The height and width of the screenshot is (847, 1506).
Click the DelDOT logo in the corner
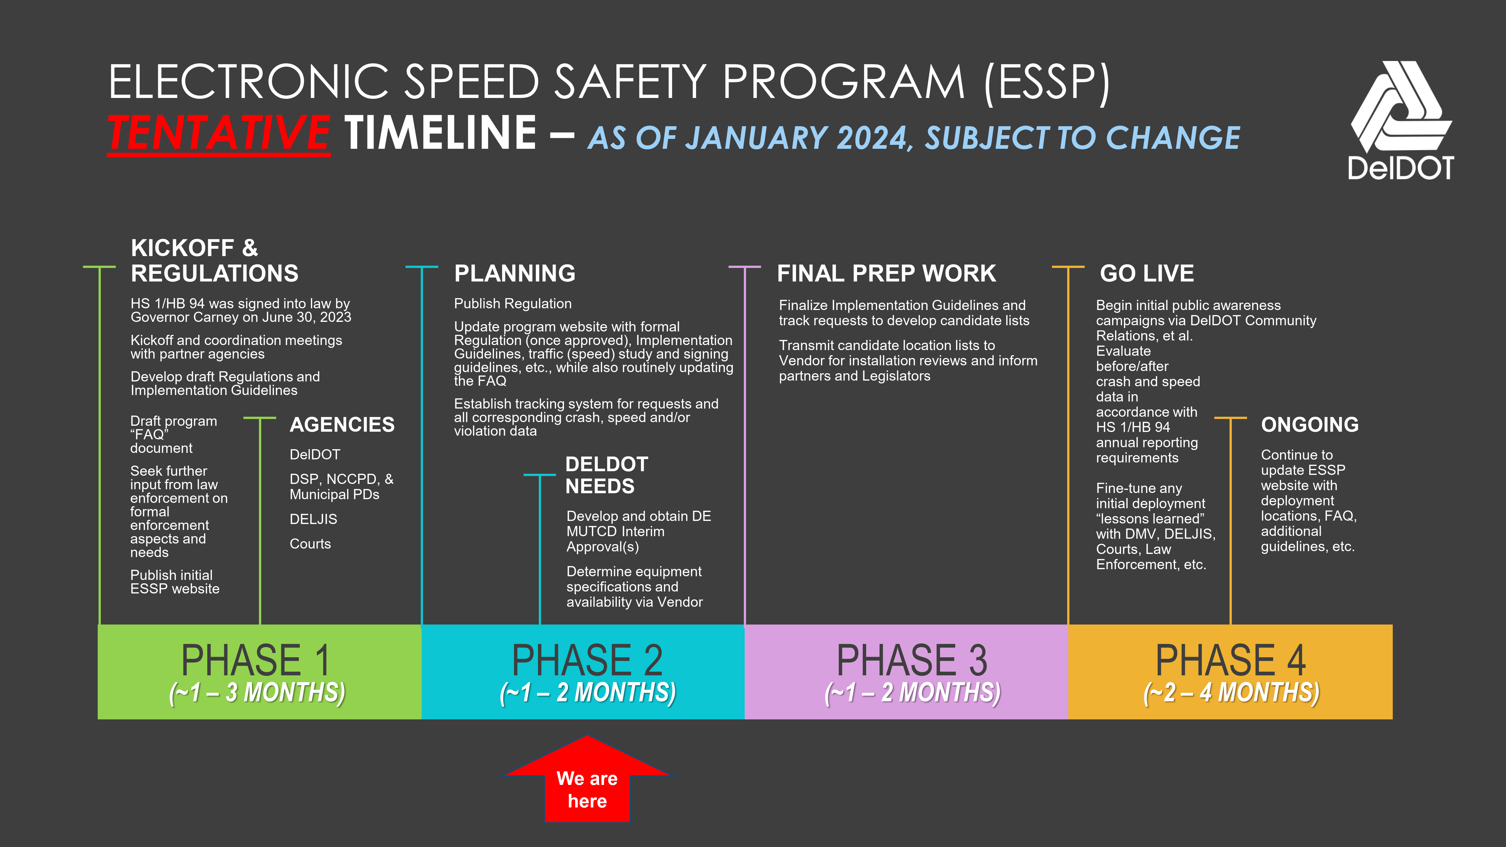tap(1401, 120)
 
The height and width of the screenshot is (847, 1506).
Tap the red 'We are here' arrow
tap(587, 780)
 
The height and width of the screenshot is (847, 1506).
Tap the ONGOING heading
tap(1309, 424)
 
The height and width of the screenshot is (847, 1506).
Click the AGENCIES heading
tap(342, 424)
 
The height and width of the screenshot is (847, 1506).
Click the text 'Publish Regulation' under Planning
tap(513, 304)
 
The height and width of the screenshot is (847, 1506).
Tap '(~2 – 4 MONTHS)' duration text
tap(1231, 693)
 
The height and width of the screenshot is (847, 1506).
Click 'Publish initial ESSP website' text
tap(174, 582)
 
